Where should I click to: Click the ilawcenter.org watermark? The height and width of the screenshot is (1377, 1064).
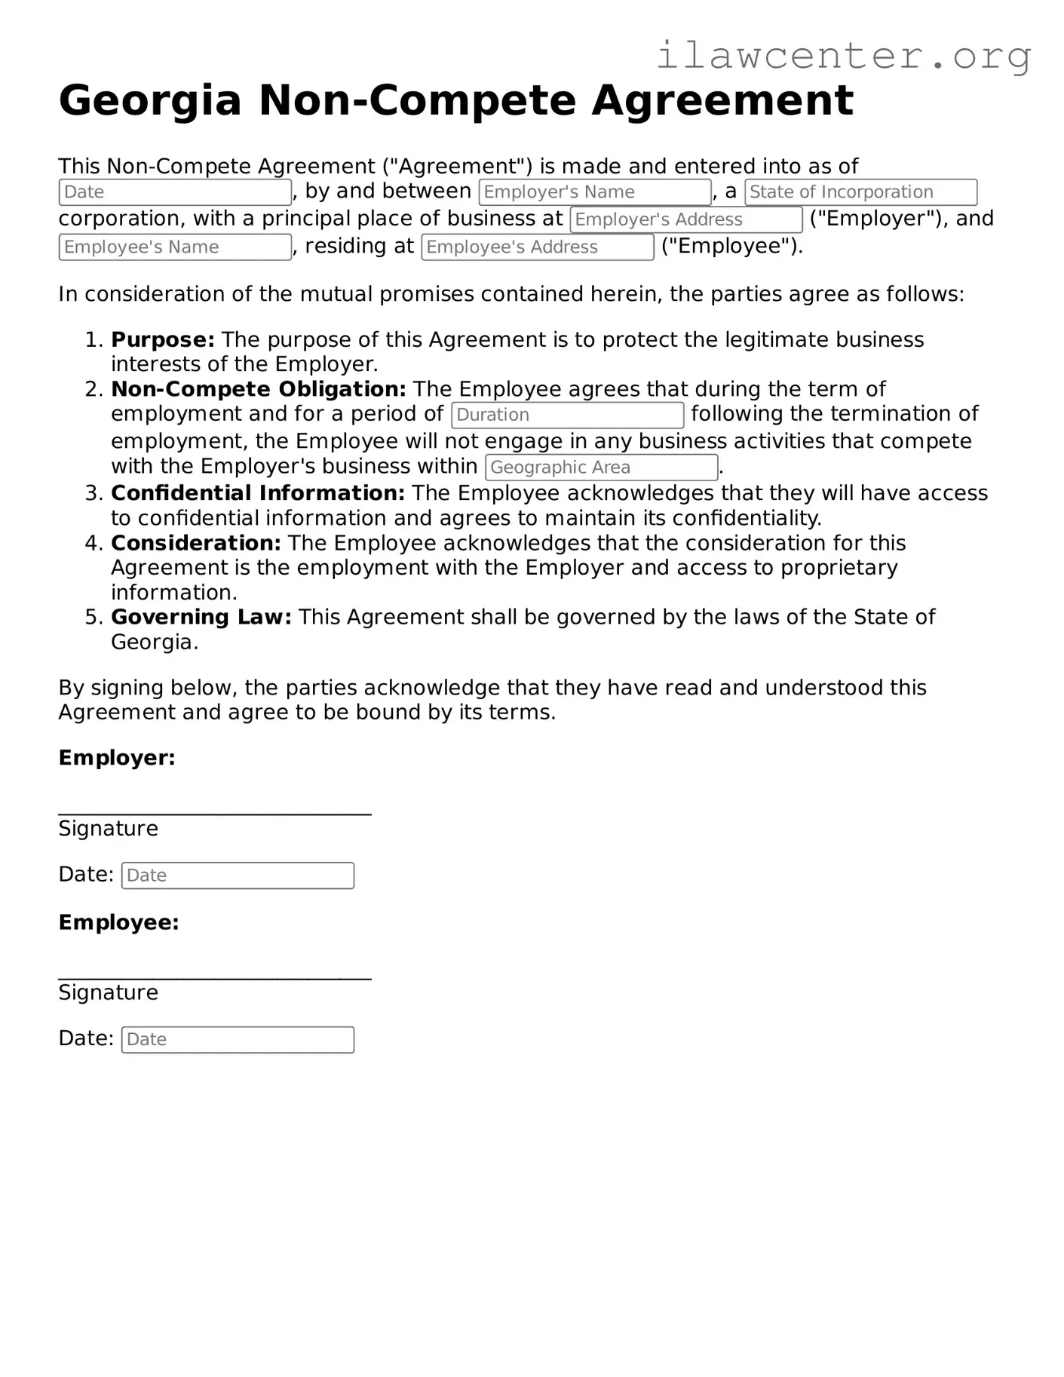coord(843,56)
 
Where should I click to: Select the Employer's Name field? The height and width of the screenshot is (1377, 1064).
coord(595,192)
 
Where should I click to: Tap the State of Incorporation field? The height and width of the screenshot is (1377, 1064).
coord(860,192)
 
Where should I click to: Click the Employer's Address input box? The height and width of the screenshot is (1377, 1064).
coord(685,219)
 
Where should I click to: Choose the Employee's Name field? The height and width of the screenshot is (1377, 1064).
coord(175,247)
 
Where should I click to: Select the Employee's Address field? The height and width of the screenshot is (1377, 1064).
coord(537,247)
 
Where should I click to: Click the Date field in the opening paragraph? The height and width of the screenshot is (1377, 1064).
coord(175,192)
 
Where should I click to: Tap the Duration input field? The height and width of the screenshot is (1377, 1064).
coord(567,415)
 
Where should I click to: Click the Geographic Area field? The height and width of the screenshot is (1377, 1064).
coord(601,468)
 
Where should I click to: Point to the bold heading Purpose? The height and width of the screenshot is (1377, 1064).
coord(163,340)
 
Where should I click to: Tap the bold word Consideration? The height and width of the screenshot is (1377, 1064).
coord(196,543)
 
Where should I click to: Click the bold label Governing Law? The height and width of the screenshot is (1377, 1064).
coord(201,617)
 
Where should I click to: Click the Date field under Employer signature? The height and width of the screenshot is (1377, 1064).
coord(238,876)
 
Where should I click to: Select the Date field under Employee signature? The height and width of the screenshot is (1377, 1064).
coord(238,1040)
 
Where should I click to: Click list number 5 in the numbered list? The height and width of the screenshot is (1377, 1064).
coord(93,617)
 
